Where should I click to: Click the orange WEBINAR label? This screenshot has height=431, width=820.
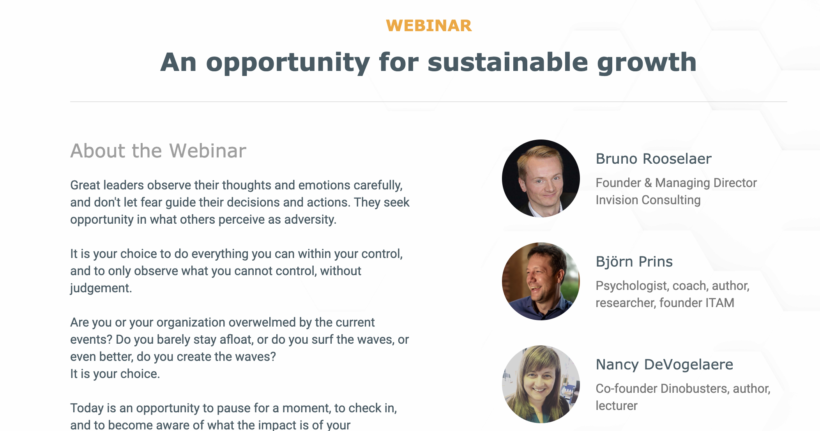pyautogui.click(x=429, y=26)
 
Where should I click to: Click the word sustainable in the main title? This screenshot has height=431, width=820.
pyautogui.click(x=507, y=62)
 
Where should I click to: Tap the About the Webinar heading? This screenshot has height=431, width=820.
pyautogui.click(x=158, y=151)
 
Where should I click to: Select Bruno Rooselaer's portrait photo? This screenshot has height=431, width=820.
pyautogui.click(x=541, y=178)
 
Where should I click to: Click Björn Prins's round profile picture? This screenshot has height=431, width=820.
pyautogui.click(x=541, y=281)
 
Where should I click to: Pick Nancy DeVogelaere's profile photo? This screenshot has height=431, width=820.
pyautogui.click(x=541, y=384)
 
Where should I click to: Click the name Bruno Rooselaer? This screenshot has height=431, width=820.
pyautogui.click(x=654, y=159)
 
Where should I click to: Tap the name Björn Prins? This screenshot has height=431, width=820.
pyautogui.click(x=634, y=262)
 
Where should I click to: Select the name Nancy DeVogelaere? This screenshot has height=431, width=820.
pyautogui.click(x=664, y=365)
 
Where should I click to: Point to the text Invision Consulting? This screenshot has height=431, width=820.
pyautogui.click(x=648, y=200)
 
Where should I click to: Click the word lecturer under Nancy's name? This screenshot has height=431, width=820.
pyautogui.click(x=617, y=406)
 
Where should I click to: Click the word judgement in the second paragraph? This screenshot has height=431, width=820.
pyautogui.click(x=101, y=288)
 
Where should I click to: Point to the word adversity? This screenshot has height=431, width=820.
pyautogui.click(x=310, y=219)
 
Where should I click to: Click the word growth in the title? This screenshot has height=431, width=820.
pyautogui.click(x=647, y=62)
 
